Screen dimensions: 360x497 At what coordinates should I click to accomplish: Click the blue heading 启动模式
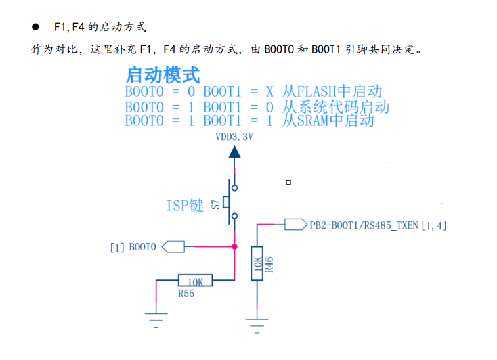point(162,74)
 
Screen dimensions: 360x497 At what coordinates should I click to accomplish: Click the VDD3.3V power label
point(234,137)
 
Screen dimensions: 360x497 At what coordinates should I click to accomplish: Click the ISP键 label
point(185,206)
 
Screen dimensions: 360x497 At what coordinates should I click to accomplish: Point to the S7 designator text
point(215,203)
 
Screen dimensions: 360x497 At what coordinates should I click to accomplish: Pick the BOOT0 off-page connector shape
point(173,247)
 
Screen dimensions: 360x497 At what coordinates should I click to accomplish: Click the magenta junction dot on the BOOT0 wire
point(234,247)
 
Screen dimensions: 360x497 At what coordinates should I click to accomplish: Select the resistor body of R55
point(195,279)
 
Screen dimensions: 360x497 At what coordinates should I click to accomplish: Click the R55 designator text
point(186,294)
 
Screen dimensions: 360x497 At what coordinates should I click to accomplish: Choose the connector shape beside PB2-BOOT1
point(295,224)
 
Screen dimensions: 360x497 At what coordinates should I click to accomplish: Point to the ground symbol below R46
point(257,321)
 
